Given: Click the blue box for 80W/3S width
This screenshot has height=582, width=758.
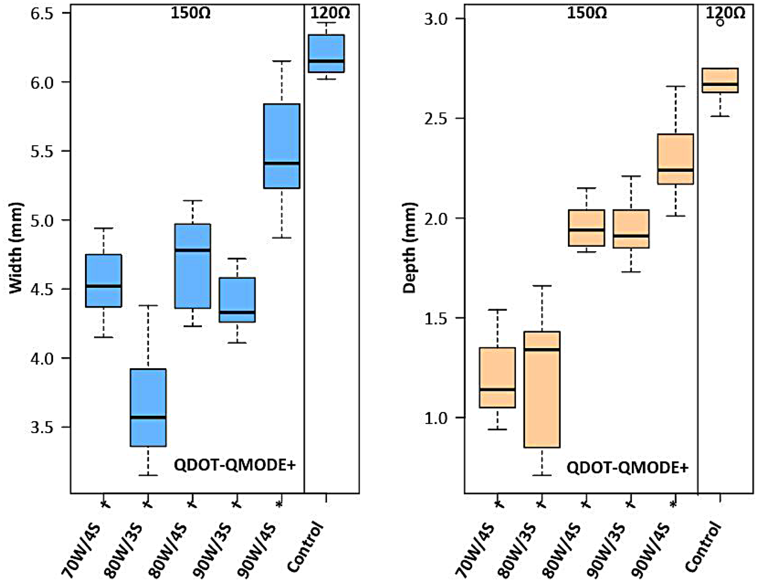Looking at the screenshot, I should [148, 407].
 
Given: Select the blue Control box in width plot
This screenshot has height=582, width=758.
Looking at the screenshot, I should [326, 53].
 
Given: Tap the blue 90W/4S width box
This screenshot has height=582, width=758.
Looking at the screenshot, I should [282, 146].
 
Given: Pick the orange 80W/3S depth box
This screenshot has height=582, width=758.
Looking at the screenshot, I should [542, 389].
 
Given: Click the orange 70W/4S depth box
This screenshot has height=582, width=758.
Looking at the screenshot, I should [498, 377].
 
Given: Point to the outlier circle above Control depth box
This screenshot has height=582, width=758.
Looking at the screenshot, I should [720, 22].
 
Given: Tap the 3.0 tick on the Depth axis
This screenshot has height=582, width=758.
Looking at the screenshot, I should [436, 19].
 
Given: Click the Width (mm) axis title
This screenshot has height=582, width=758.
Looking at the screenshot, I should [16, 248].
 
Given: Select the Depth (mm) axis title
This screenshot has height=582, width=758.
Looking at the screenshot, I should [410, 248].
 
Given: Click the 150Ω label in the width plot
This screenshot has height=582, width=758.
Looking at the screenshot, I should [191, 12].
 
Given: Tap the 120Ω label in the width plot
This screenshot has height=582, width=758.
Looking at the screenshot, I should [330, 12].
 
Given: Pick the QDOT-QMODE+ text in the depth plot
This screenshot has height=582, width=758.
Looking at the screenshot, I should [627, 467].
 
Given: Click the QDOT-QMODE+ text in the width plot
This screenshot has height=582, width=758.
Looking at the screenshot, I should [234, 465].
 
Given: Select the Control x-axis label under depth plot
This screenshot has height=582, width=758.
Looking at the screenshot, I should [703, 547].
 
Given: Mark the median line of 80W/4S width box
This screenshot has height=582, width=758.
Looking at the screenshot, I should [193, 250].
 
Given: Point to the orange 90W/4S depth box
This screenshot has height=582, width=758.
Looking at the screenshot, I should [676, 159].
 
